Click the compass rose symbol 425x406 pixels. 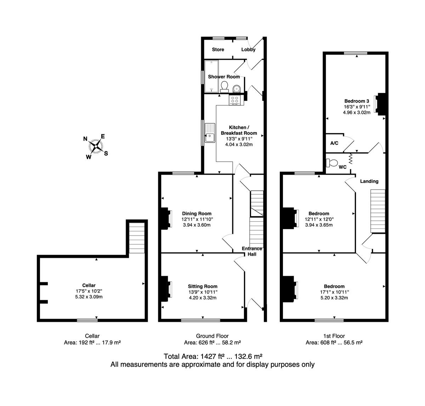click(x=96, y=146)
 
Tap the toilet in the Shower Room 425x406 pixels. click(x=224, y=87)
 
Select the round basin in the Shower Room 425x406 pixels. click(x=236, y=89)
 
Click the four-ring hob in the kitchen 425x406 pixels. click(x=234, y=100)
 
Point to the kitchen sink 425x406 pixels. click(x=210, y=133)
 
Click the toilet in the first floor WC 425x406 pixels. click(x=331, y=163)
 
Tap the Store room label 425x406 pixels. click(x=218, y=50)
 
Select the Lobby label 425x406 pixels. click(x=248, y=50)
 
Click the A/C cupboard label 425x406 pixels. click(x=334, y=143)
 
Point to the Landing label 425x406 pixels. click(x=369, y=181)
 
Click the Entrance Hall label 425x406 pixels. click(x=252, y=251)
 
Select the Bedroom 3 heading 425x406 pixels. click(x=357, y=101)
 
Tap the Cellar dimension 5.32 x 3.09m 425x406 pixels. click(x=89, y=297)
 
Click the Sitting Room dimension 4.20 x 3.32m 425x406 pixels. click(x=203, y=298)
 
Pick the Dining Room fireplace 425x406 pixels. click(x=166, y=219)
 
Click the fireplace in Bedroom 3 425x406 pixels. click(x=380, y=104)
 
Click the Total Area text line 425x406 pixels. click(x=213, y=356)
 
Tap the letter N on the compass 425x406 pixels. click(x=85, y=139)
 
